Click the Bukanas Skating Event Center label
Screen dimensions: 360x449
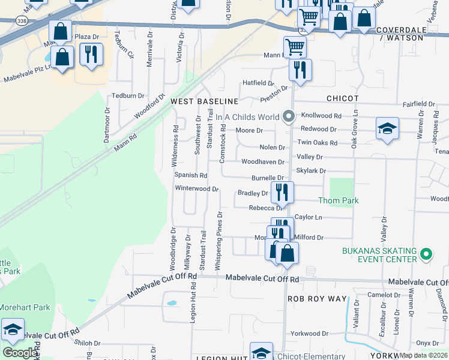(x=379, y=254)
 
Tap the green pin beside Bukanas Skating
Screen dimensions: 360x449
(x=426, y=254)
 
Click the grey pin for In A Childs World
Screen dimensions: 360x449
(x=289, y=116)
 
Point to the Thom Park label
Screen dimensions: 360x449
(x=339, y=200)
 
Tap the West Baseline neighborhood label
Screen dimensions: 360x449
(x=205, y=101)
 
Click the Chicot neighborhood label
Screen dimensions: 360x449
(x=342, y=98)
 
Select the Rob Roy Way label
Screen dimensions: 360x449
(x=317, y=298)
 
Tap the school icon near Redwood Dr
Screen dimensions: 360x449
(x=387, y=128)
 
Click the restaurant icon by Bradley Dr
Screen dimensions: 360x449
(x=282, y=192)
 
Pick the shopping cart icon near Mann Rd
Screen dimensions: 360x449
(x=295, y=47)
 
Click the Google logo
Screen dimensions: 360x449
(x=19, y=353)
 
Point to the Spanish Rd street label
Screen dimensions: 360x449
(x=191, y=175)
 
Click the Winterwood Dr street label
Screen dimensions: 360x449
(x=196, y=188)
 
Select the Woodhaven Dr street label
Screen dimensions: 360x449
(x=262, y=162)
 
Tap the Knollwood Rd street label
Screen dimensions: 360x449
(x=321, y=115)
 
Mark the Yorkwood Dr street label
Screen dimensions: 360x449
(x=309, y=333)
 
